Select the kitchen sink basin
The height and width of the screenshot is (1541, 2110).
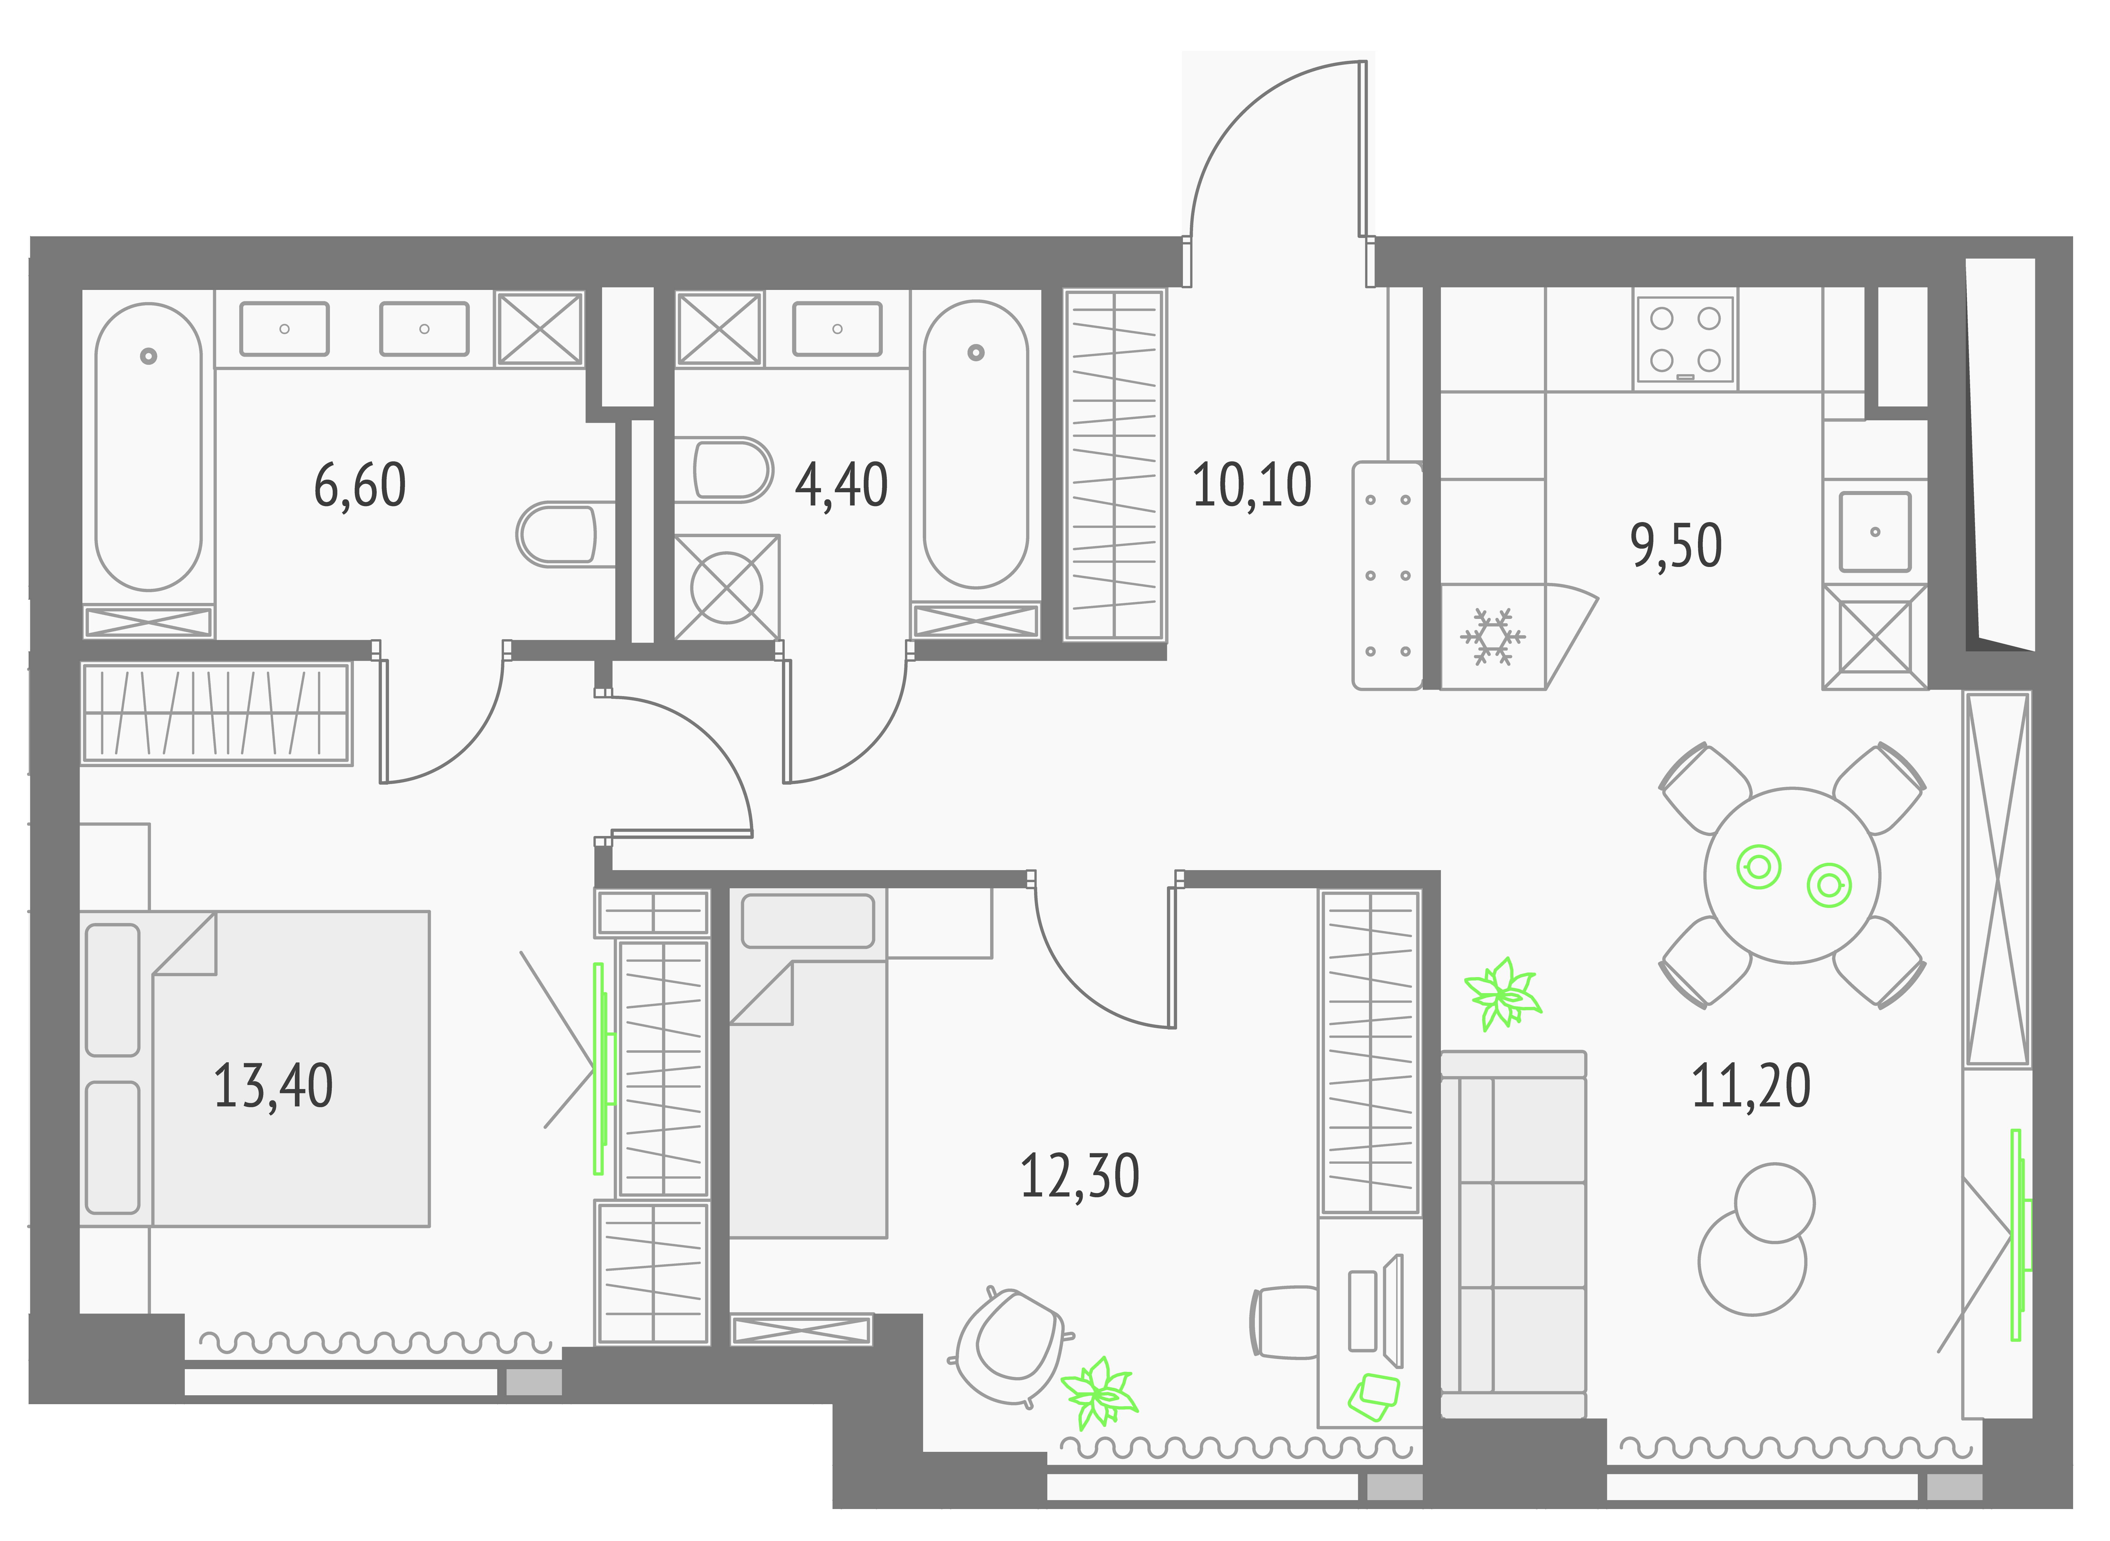(1875, 531)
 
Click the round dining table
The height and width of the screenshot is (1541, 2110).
(1792, 875)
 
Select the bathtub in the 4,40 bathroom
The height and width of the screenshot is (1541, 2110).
(976, 444)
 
